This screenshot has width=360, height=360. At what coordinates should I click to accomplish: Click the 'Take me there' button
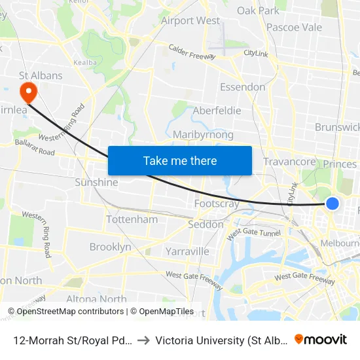pyautogui.click(x=180, y=160)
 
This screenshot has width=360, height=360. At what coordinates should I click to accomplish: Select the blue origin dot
pyautogui.click(x=333, y=204)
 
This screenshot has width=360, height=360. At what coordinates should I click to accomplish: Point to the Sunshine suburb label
pyautogui.click(x=96, y=182)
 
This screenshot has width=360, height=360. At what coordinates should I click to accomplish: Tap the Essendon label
pyautogui.click(x=242, y=87)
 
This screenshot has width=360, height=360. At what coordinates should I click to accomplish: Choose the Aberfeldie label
pyautogui.click(x=217, y=111)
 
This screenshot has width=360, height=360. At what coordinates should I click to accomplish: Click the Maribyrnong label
pyautogui.click(x=203, y=134)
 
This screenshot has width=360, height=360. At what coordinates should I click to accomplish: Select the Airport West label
pyautogui.click(x=190, y=20)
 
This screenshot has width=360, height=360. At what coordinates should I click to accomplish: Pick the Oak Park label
pyautogui.click(x=258, y=10)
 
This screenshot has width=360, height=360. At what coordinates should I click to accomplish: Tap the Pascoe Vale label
pyautogui.click(x=294, y=27)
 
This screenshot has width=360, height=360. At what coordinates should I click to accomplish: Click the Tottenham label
pyautogui.click(x=132, y=219)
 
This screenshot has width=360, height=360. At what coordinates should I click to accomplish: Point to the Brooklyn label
pyautogui.click(x=110, y=247)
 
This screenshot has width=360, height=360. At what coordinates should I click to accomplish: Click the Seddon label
pyautogui.click(x=206, y=224)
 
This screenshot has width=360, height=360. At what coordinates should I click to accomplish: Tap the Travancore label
pyautogui.click(x=289, y=161)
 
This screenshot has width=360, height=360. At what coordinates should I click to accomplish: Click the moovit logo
pyautogui.click(x=320, y=339)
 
